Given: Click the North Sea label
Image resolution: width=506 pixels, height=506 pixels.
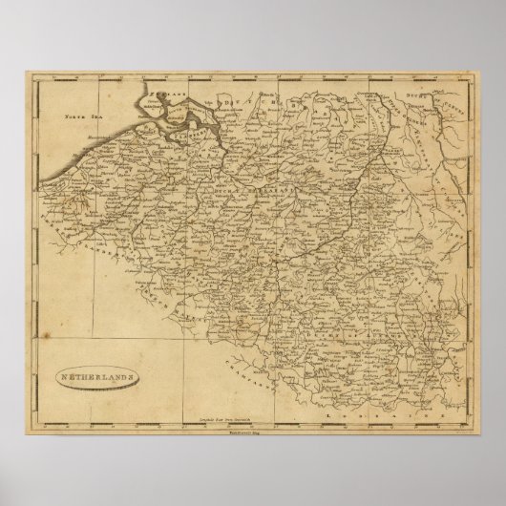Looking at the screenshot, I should coord(80,119).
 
